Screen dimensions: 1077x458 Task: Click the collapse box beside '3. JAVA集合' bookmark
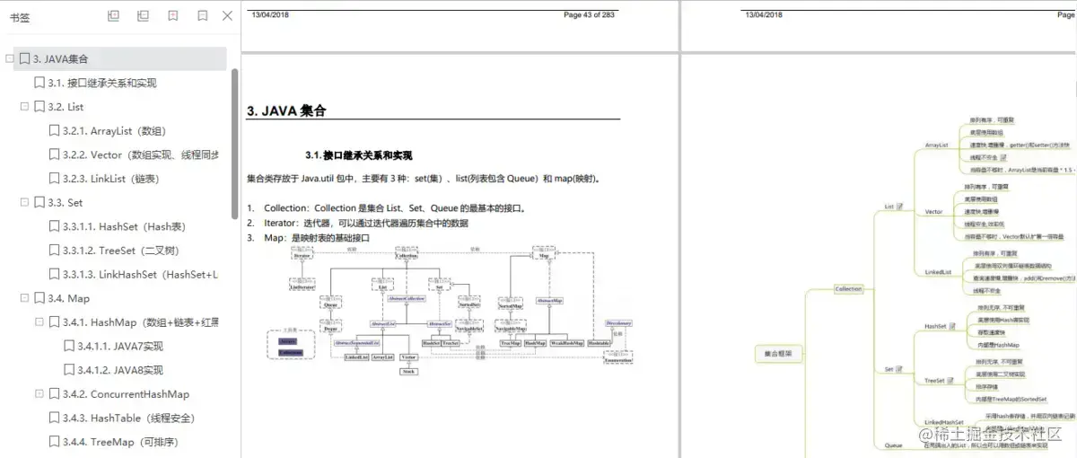click(10, 59)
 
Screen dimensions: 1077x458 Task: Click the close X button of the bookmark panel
click(227, 15)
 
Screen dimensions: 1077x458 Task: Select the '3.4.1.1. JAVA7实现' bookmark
click(119, 346)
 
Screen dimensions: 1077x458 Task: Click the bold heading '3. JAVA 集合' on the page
click(286, 111)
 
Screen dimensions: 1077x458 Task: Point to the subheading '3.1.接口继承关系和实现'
click(358, 155)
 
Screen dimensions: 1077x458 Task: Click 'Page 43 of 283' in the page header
click(589, 14)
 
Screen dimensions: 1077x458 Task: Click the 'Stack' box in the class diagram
click(408, 371)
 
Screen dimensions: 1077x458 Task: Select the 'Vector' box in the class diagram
click(408, 357)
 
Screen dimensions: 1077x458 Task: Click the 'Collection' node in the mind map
click(847, 289)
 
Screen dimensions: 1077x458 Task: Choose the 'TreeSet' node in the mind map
click(935, 381)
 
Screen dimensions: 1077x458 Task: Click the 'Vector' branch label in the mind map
click(933, 212)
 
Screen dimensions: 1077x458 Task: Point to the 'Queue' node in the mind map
click(893, 445)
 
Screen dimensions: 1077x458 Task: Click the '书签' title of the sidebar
click(19, 16)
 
